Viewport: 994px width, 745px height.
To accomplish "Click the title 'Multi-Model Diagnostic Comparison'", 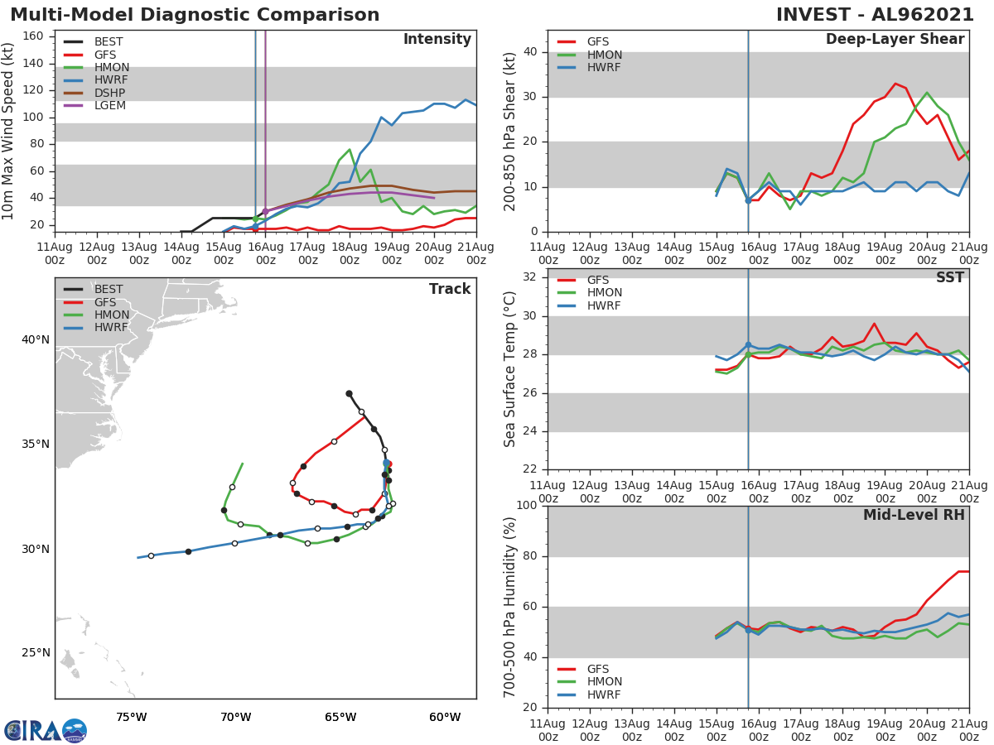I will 195,15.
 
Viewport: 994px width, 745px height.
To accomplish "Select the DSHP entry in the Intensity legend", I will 109,94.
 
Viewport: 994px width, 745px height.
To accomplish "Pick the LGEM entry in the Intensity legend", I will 109,106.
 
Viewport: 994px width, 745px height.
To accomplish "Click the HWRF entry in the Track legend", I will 111,327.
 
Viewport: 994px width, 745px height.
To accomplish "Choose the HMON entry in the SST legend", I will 605,292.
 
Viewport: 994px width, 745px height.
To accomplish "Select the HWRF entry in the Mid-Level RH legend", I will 605,695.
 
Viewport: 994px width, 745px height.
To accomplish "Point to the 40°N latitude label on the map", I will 36,339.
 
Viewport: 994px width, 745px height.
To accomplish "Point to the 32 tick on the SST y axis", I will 530,277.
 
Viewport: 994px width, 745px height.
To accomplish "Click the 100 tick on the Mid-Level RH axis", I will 526,506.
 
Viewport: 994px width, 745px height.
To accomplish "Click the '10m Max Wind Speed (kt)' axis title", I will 9,132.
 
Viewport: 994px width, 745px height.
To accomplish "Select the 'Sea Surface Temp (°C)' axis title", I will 510,369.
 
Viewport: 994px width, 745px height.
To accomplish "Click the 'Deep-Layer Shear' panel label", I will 895,40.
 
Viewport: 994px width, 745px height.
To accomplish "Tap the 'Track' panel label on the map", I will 449,289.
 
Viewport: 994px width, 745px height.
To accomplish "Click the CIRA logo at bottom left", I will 46,730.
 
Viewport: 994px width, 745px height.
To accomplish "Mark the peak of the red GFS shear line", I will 895,84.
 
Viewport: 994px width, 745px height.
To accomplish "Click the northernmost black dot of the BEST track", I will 349,393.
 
